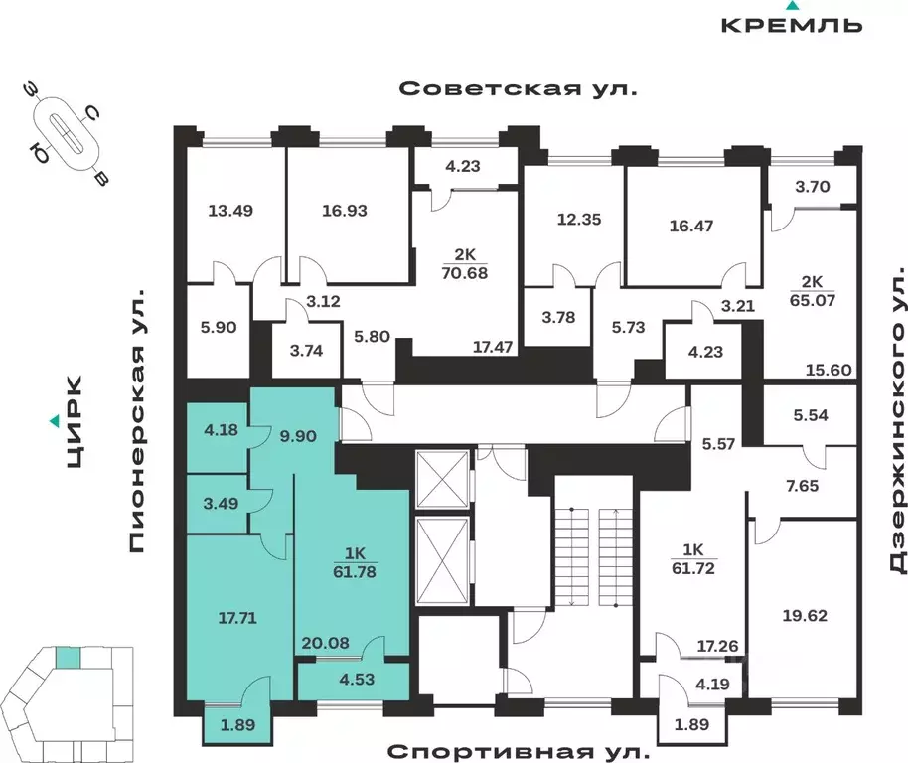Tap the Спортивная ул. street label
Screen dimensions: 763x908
518,750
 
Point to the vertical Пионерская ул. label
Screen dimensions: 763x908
137,421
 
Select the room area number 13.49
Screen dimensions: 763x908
229,210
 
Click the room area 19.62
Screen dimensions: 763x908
807,614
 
